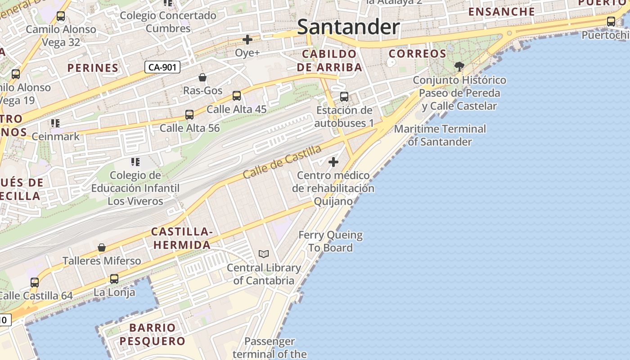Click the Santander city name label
click(348, 27)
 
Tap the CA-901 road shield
click(162, 67)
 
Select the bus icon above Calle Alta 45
click(237, 96)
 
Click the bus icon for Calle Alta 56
click(189, 115)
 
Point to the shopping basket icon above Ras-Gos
click(202, 77)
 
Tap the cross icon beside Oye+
click(247, 40)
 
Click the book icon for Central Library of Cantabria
click(264, 254)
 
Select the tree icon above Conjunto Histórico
click(459, 67)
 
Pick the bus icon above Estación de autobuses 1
click(344, 97)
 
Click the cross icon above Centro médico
click(333, 162)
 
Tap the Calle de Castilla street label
click(283, 162)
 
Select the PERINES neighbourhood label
click(93, 68)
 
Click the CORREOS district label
click(418, 54)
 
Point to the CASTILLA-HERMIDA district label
click(181, 238)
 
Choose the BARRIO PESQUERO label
click(153, 334)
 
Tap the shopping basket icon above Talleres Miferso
click(102, 248)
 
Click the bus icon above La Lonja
click(114, 279)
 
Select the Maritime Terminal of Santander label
click(440, 135)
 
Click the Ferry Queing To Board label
click(331, 241)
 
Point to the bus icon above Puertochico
click(611, 21)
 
